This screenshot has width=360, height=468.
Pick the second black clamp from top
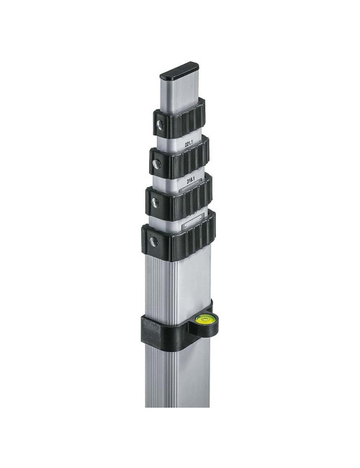180,158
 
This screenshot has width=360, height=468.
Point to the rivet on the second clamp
156,165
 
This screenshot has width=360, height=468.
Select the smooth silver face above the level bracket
189,284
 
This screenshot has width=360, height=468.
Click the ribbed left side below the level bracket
153,374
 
